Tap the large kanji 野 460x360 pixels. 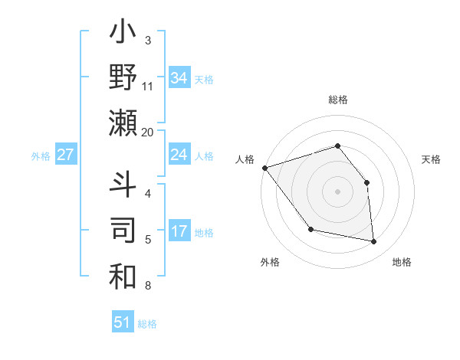[123, 78]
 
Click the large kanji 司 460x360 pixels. [123, 231]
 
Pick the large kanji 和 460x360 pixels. [123, 277]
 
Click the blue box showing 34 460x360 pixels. [179, 77]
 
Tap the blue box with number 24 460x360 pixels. [179, 155]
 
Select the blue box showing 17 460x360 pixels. [179, 231]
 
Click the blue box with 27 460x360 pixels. [66, 155]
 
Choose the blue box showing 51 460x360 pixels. [122, 322]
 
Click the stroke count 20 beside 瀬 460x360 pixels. [148, 133]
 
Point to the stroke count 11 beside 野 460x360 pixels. [148, 87]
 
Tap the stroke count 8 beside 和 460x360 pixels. [148, 286]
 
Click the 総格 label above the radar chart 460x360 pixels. [337, 100]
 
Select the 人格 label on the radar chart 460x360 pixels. [245, 159]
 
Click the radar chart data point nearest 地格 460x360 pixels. [373, 241]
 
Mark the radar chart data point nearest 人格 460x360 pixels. [264, 168]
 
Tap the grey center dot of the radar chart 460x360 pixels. [337, 191]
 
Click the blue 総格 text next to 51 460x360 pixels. [147, 324]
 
